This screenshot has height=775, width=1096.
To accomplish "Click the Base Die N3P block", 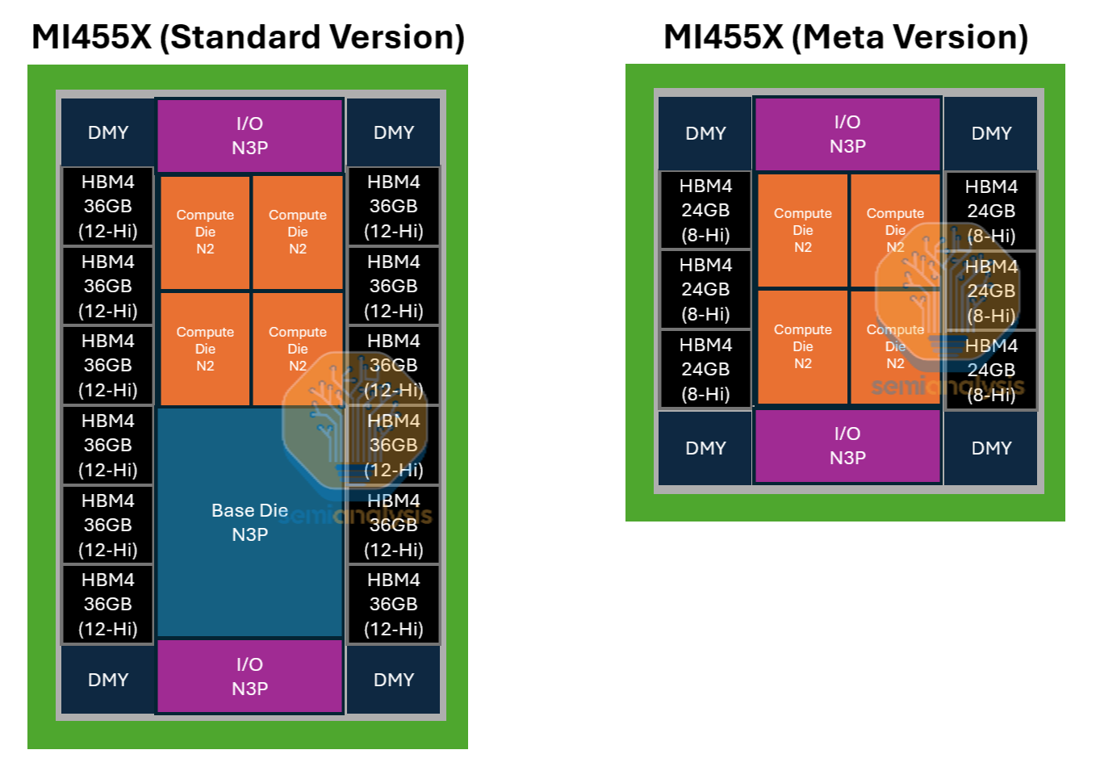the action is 249,522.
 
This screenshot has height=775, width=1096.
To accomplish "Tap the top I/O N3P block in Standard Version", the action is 249,136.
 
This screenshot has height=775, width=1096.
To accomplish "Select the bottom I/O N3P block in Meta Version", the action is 847,446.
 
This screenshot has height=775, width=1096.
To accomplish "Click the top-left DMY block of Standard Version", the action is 107,132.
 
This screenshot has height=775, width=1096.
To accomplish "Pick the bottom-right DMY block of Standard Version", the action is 393,680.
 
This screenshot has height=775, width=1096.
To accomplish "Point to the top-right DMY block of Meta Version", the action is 991,133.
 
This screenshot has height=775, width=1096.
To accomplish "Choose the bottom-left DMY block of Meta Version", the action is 705,448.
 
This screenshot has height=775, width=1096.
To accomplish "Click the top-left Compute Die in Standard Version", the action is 205,232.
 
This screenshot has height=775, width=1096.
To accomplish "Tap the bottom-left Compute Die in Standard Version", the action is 205,349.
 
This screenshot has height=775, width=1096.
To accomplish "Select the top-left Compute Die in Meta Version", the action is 802,230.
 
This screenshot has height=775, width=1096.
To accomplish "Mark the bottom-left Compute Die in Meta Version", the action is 802,347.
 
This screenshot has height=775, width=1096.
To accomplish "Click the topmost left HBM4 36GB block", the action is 107,207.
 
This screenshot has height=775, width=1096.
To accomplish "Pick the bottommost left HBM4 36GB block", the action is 107,604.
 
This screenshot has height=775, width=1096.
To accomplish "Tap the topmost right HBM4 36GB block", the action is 393,207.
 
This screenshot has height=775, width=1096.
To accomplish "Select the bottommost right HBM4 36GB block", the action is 393,604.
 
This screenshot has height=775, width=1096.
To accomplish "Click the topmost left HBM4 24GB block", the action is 705,211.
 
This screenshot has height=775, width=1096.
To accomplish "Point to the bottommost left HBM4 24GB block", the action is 705,370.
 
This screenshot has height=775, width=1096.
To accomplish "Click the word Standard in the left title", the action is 240,37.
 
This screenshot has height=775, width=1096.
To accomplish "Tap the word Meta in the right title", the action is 846,37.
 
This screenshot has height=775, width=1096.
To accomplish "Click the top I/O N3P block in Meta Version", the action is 847,134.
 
